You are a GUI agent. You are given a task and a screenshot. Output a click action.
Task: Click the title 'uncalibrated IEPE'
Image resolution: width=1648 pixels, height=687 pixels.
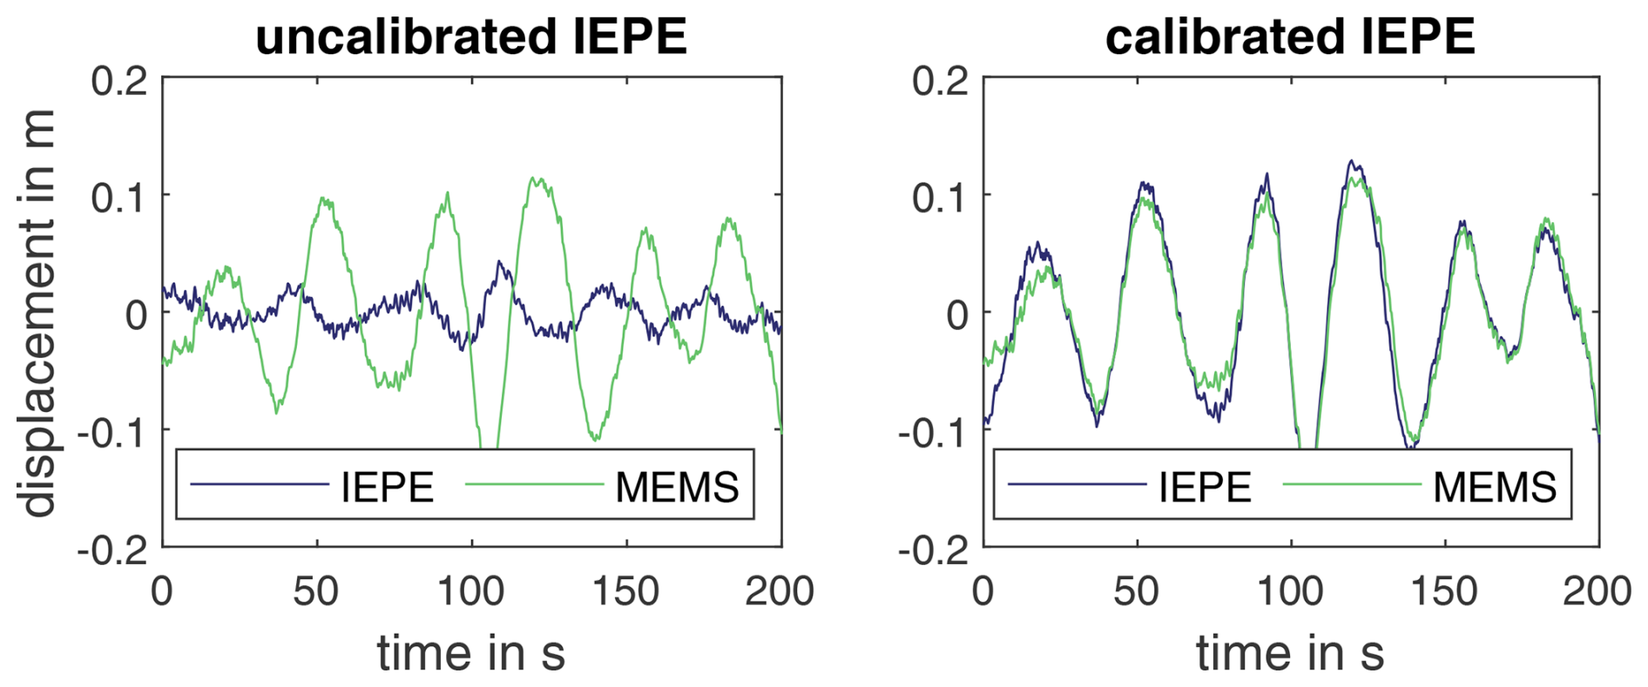coord(471,37)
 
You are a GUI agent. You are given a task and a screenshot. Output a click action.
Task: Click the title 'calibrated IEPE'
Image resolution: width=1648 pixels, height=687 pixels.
coord(1290,37)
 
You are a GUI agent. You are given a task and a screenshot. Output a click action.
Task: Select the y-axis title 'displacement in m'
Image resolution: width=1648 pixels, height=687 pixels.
coord(37,313)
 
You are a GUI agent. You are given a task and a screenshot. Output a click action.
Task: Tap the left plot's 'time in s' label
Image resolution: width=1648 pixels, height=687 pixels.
coord(471,653)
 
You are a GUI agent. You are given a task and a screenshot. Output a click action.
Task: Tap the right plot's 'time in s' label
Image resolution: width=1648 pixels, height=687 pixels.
coord(1290,653)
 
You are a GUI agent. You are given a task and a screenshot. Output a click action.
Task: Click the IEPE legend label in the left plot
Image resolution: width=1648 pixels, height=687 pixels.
coord(388,487)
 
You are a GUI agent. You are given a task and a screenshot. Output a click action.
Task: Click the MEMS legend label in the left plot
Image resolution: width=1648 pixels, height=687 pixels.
coord(677,487)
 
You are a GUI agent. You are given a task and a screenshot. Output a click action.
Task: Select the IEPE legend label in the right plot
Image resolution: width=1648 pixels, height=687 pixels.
coord(1205,487)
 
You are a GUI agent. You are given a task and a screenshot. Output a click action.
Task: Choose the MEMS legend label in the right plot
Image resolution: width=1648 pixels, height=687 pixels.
coord(1495,487)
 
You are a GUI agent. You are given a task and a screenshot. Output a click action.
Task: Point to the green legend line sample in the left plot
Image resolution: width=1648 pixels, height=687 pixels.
coord(534,485)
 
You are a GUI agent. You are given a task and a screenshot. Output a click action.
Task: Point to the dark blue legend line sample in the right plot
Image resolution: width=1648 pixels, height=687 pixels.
coord(1077,485)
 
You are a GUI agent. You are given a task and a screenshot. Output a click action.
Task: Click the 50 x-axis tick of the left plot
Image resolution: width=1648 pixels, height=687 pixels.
coord(316,592)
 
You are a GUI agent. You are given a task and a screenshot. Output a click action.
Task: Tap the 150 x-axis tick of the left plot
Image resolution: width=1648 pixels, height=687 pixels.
coord(625,592)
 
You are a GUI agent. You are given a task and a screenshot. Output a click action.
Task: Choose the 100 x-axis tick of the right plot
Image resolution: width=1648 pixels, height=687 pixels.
coord(1291,592)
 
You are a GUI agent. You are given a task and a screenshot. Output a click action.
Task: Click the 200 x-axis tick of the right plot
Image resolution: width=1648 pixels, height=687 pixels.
coord(1597,592)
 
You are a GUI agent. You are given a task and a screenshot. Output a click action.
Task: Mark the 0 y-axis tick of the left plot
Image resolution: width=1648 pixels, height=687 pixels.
coord(136,315)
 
